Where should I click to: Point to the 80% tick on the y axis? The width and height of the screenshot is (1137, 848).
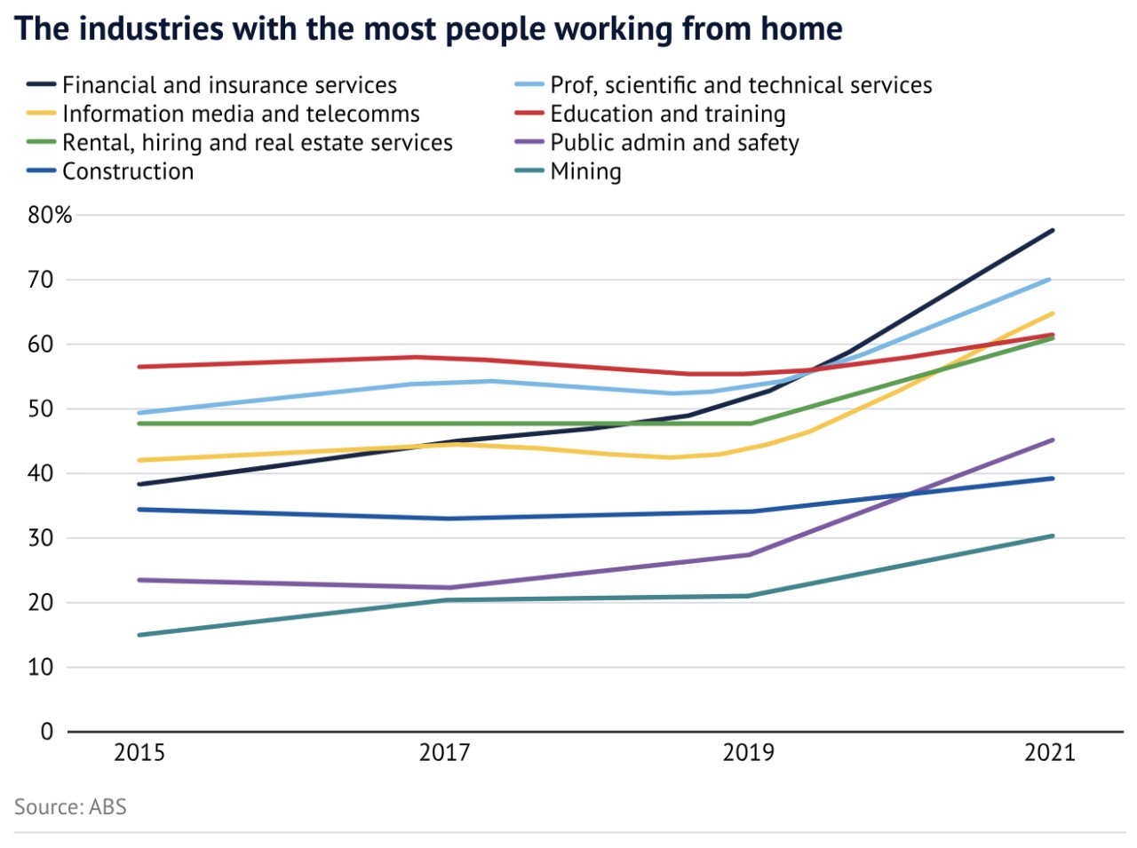point(50,215)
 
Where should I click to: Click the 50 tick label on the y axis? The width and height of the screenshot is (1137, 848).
point(41,409)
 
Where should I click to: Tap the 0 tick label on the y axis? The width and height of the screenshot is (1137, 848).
point(47,732)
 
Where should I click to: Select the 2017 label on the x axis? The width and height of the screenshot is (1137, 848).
point(444,753)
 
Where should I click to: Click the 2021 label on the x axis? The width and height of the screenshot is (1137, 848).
point(1050,753)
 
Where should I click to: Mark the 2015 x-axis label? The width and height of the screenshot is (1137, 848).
point(139,753)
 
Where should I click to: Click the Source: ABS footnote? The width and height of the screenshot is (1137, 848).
point(70,807)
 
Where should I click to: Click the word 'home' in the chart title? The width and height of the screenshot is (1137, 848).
point(798,29)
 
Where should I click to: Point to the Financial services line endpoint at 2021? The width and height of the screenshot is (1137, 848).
point(1053,231)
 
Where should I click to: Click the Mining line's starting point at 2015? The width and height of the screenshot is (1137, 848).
point(140,635)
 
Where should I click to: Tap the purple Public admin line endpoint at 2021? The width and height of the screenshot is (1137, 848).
point(1053,440)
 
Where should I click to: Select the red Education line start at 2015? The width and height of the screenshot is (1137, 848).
point(140,367)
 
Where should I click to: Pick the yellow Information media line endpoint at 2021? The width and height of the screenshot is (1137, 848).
point(1053,313)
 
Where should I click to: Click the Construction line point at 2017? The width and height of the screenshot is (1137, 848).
point(444,519)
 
